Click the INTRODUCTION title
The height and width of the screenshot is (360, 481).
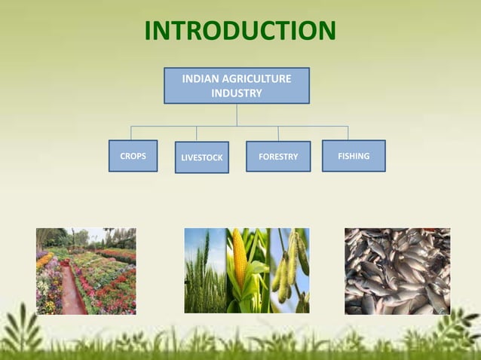(240, 31)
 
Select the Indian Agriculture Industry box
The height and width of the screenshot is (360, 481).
(237, 85)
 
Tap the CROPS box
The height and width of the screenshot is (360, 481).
(133, 156)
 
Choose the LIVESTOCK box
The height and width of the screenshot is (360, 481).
(201, 157)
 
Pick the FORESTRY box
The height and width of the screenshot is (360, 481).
(278, 157)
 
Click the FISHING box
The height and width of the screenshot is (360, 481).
(354, 156)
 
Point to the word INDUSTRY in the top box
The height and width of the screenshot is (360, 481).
(237, 93)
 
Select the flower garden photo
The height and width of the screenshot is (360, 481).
(86, 271)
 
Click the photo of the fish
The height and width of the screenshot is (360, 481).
(397, 271)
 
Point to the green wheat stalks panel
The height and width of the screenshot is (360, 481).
(204, 271)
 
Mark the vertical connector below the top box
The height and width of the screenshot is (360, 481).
(237, 114)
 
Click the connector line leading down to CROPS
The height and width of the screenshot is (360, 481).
(131, 133)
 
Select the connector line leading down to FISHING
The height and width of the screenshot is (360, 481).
(348, 133)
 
